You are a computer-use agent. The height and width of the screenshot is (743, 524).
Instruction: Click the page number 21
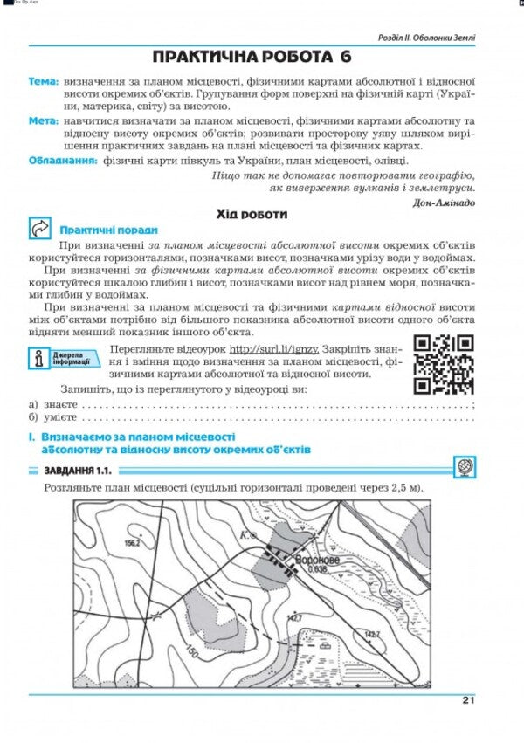tap(467, 699)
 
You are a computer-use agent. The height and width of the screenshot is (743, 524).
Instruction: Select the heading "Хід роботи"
tap(252, 213)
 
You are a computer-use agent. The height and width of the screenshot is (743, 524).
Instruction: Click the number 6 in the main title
tap(346, 58)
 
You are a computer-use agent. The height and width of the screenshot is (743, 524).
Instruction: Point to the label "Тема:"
tap(43, 80)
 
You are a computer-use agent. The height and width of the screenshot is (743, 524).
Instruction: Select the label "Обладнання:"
tap(62, 160)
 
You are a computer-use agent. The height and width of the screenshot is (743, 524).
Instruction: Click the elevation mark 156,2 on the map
tap(133, 543)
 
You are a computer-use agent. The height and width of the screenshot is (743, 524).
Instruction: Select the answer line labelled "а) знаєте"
tap(253, 406)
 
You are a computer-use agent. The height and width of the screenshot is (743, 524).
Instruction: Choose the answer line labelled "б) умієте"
tap(253, 419)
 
